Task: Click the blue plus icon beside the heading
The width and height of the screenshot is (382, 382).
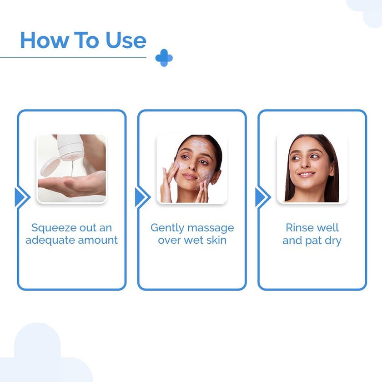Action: coord(164,58)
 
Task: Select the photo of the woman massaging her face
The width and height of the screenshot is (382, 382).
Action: coord(191,169)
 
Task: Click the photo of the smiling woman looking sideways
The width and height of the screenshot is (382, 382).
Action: coord(312,169)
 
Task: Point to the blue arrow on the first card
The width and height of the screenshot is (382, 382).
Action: coord(20,197)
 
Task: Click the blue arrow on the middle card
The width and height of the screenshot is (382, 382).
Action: coord(141,197)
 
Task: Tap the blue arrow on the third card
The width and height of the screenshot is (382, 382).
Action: coord(261,197)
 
